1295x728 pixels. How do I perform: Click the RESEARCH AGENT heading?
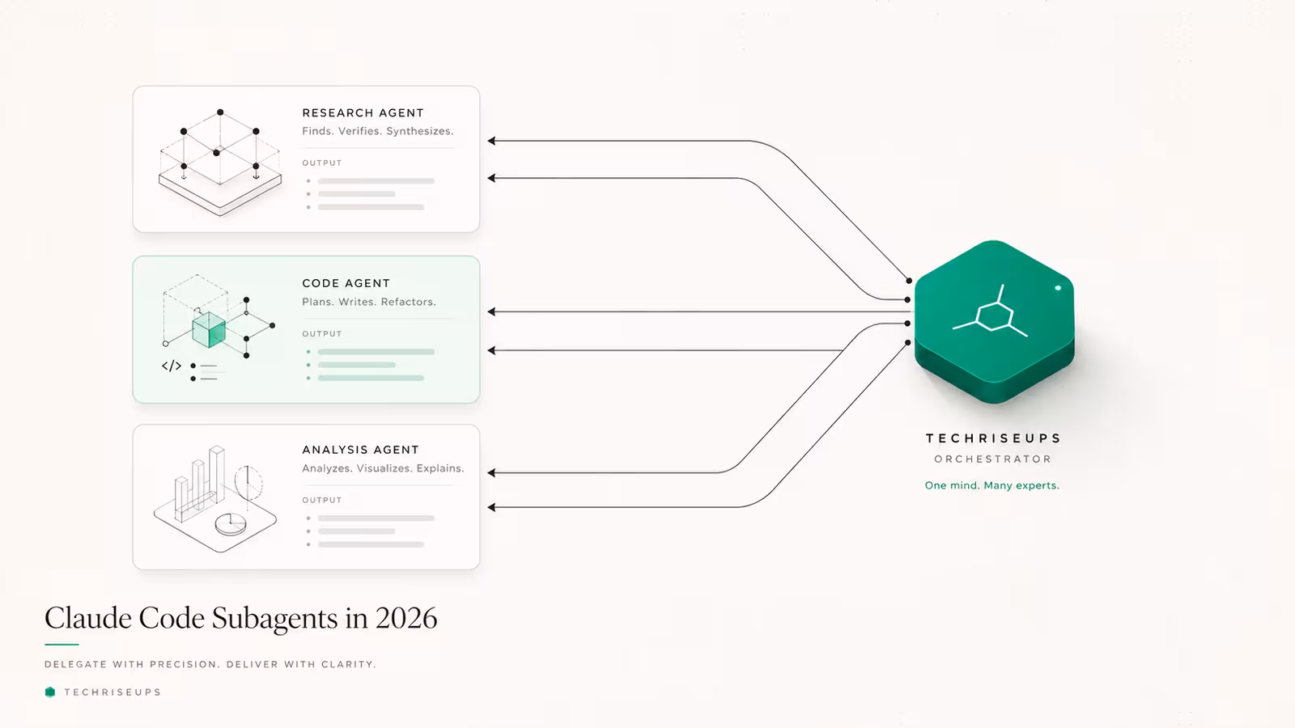[x=363, y=112]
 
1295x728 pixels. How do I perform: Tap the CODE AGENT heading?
[x=346, y=283]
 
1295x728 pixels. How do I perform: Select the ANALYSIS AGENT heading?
[x=360, y=450]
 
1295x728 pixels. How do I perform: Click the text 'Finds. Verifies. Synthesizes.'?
[x=377, y=131]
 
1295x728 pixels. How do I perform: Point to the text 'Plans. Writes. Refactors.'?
[x=369, y=302]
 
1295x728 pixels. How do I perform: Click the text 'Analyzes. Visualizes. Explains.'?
[x=383, y=468]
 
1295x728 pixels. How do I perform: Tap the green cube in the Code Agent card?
[x=209, y=330]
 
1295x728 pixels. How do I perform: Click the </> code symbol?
[x=171, y=366]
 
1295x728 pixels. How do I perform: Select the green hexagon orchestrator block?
[x=995, y=321]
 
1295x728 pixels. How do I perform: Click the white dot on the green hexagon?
[x=1058, y=288]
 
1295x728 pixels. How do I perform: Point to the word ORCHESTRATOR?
[x=992, y=459]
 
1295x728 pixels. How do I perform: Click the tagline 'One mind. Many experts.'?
[x=992, y=485]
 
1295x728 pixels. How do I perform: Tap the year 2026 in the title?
[x=405, y=618]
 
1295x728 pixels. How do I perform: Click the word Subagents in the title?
[x=274, y=619]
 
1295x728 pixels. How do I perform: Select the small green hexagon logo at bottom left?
[x=50, y=692]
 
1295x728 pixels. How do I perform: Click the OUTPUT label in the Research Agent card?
[x=322, y=163]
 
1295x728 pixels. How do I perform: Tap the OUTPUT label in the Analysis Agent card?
[x=322, y=500]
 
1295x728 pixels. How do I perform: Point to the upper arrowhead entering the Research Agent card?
[x=491, y=141]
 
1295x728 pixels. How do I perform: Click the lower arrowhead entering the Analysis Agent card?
[x=491, y=507]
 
